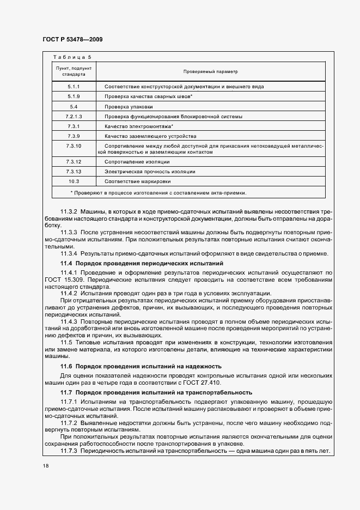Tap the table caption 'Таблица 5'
coord(72,57)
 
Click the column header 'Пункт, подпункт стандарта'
coord(74,71)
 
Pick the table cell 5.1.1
coord(74,87)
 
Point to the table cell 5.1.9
coord(74,96)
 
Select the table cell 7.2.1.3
coord(74,117)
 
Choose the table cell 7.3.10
coord(74,146)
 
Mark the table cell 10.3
coord(74,181)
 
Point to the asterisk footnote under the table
coord(158,192)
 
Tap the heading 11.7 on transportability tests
coord(156,392)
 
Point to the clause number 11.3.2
coord(69,211)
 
